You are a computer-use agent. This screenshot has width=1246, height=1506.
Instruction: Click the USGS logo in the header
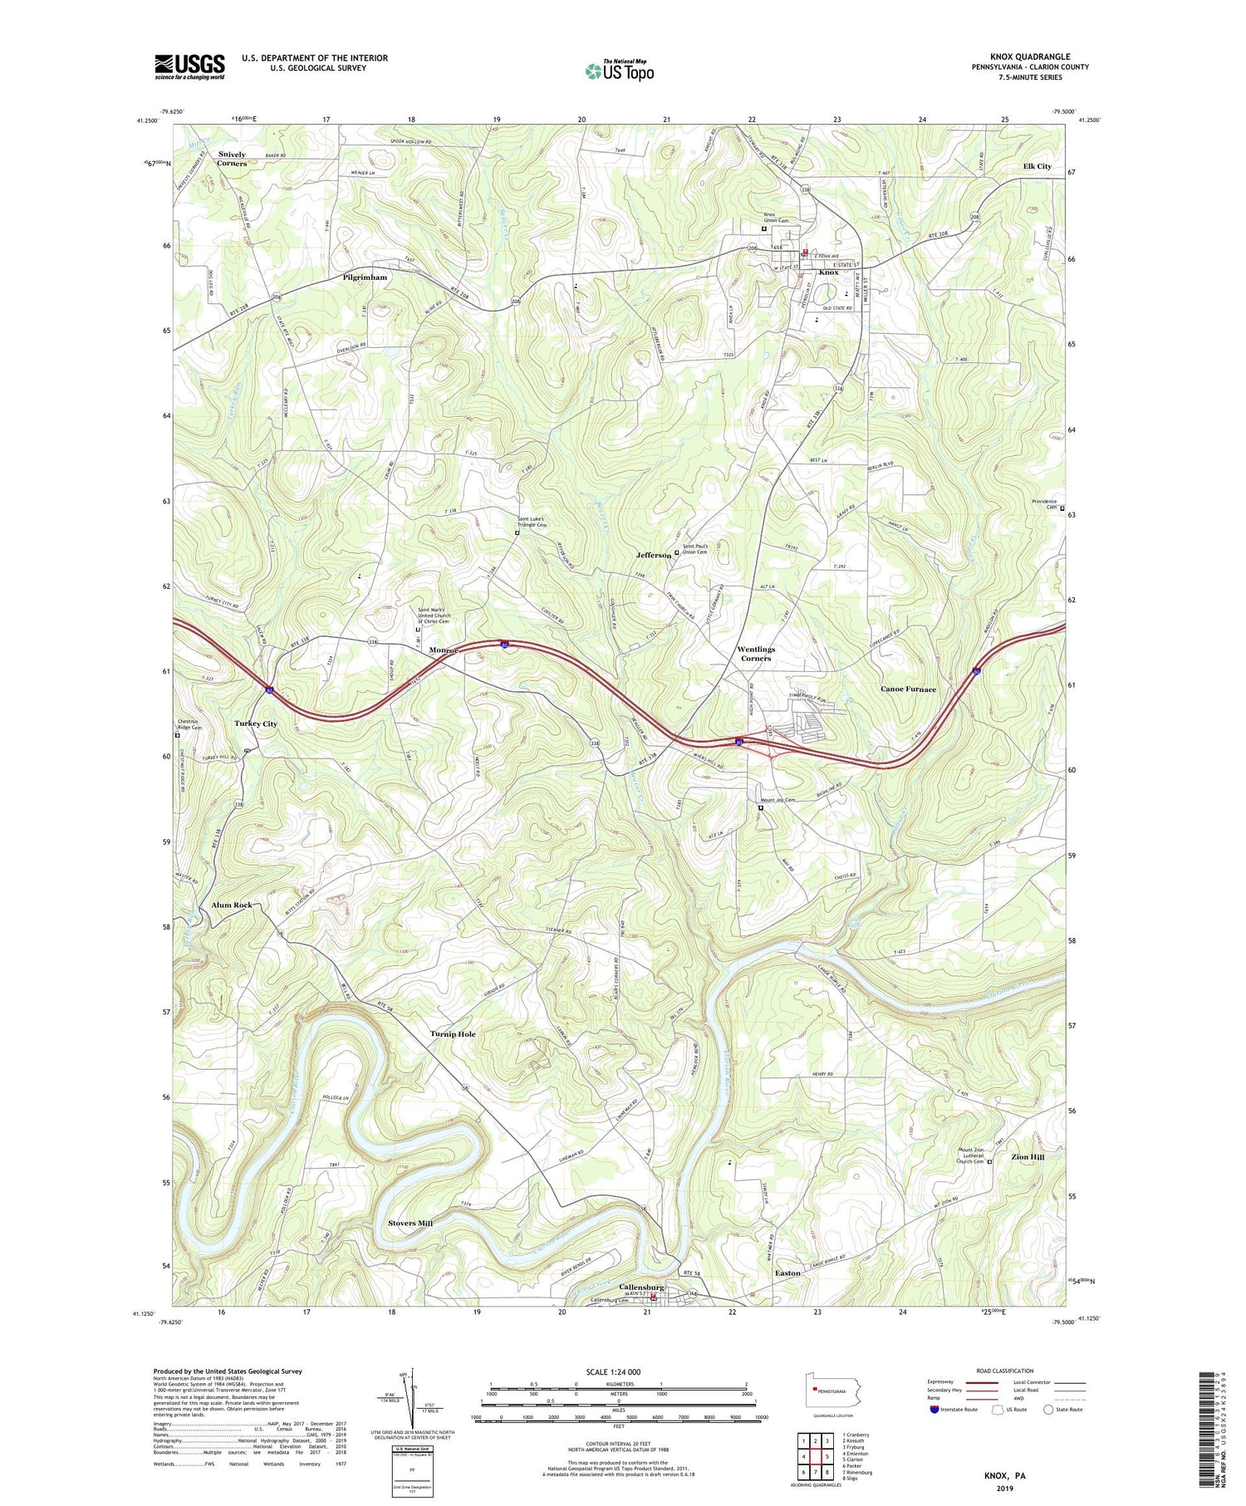coord(189,66)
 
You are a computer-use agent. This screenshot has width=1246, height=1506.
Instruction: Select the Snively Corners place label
coord(232,159)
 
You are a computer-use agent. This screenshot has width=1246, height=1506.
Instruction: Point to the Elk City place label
coord(1037,166)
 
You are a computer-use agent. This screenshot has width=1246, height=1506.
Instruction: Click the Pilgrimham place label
coord(365,277)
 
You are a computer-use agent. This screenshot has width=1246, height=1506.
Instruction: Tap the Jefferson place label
coord(653,555)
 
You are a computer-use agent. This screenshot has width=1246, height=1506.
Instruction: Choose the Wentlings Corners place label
coord(756,654)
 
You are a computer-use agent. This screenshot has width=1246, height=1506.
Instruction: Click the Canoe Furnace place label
coord(908,689)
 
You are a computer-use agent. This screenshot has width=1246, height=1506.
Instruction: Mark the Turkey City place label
coord(256,724)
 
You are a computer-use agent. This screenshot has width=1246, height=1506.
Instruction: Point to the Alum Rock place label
coord(232,905)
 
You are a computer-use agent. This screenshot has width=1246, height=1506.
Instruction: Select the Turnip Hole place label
coord(453,1034)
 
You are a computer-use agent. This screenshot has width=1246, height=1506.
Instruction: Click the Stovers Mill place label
coord(410,1224)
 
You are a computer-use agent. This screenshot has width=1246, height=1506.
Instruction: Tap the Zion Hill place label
coord(1027,1157)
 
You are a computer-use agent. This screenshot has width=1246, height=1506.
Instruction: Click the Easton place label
coord(787,1273)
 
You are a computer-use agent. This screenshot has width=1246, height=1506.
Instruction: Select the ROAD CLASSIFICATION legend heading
coord(1005,1371)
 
